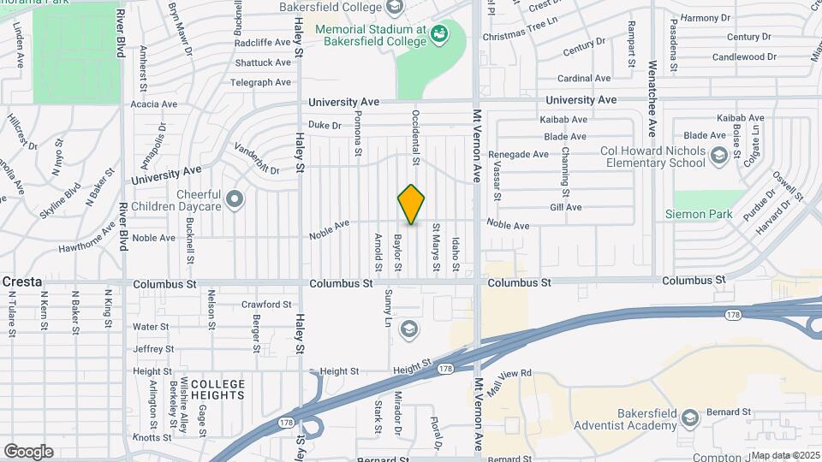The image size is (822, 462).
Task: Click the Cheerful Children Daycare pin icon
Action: [x=235, y=200]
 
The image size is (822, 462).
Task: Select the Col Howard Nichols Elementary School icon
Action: [x=718, y=156]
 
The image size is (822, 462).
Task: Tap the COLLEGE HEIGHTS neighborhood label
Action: [x=217, y=389]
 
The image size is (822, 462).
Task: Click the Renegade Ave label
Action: [x=517, y=155]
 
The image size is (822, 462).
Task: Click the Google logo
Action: [x=27, y=452]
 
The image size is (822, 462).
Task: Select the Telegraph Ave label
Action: [x=261, y=83]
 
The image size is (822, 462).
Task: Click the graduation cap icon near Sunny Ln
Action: [x=409, y=329]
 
